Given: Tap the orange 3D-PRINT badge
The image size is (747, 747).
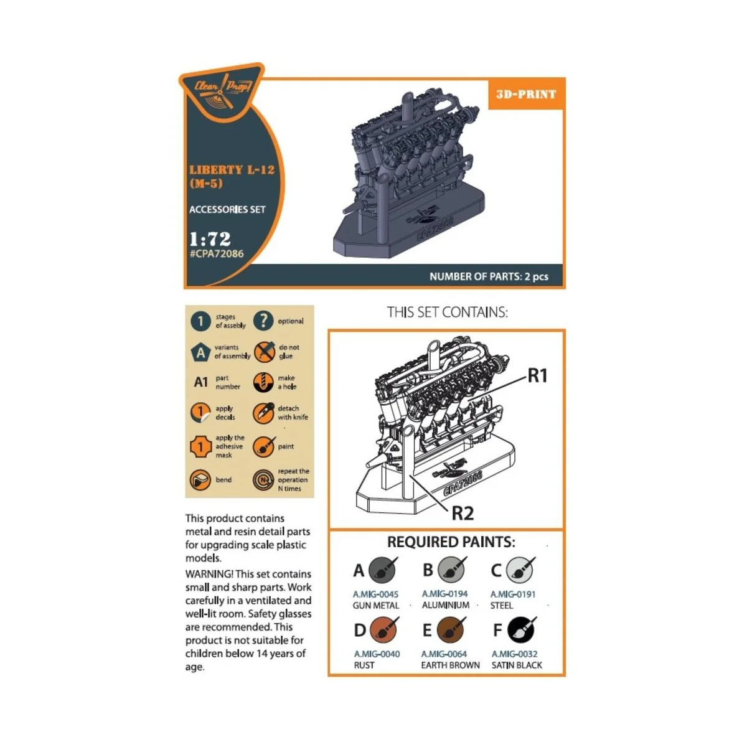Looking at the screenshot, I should click(x=526, y=95).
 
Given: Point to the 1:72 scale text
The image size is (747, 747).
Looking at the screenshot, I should click(x=210, y=238).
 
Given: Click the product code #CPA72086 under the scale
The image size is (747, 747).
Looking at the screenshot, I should click(x=217, y=254).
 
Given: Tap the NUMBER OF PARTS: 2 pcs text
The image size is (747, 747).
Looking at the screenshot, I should click(x=489, y=276).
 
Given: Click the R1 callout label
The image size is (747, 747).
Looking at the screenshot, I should click(x=537, y=375).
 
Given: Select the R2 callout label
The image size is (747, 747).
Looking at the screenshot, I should click(x=463, y=514).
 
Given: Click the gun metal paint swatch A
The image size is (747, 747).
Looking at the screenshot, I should click(x=382, y=570).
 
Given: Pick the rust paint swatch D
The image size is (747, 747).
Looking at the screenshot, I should click(x=383, y=630).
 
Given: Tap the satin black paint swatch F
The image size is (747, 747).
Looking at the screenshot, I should click(x=521, y=630).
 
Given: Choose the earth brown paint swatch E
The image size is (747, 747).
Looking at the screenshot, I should click(x=451, y=630).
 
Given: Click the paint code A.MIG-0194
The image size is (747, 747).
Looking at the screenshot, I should click(x=444, y=594).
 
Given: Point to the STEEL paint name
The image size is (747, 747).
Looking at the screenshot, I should click(x=502, y=605).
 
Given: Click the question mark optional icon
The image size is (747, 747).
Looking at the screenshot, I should click(x=263, y=321).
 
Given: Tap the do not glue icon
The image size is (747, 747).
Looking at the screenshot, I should click(x=264, y=352).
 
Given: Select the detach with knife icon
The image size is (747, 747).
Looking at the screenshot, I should click(x=263, y=413).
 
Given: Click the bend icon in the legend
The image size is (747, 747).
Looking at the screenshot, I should click(x=200, y=480).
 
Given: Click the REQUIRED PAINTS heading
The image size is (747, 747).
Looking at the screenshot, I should click(x=451, y=542).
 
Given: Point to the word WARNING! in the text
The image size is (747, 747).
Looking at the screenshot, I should click(x=209, y=574).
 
